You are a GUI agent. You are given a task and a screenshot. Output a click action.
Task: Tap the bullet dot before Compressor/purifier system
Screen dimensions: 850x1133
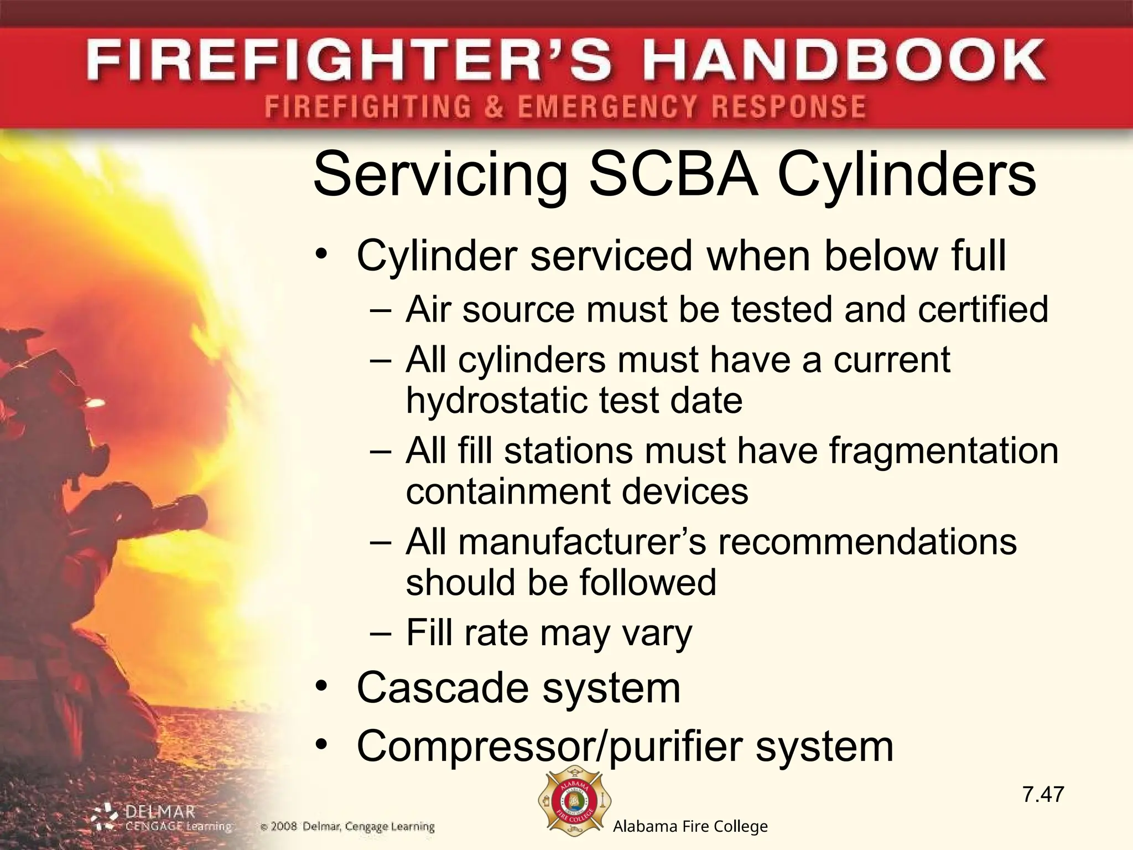(x=322, y=745)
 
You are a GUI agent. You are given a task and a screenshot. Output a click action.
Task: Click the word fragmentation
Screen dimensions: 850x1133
(x=943, y=450)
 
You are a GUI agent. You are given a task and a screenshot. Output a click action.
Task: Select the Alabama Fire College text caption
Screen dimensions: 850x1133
(x=690, y=826)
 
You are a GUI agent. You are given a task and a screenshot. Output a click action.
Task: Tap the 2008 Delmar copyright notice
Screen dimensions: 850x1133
(x=347, y=827)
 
